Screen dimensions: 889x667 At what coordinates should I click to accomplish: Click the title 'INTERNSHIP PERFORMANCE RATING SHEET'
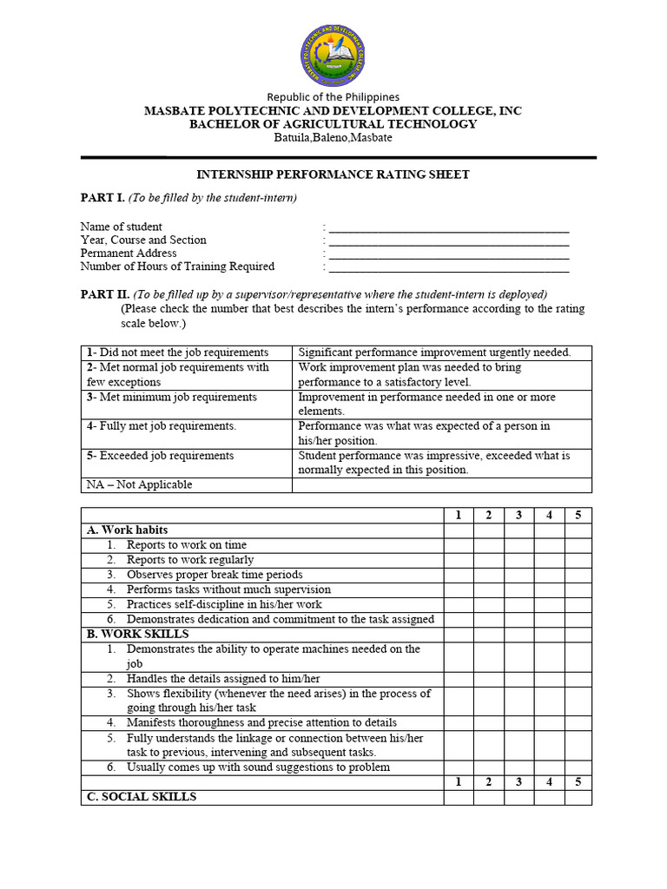[333, 175]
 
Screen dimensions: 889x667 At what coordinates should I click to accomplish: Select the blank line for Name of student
[448, 227]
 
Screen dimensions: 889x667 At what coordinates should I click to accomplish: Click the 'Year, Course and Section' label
[143, 240]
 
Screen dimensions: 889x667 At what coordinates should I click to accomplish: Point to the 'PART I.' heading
[102, 198]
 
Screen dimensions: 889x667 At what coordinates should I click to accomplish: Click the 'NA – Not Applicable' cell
[139, 485]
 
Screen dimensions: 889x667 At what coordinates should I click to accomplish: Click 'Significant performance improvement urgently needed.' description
[434, 352]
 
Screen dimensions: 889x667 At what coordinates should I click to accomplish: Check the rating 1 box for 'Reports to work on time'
[459, 545]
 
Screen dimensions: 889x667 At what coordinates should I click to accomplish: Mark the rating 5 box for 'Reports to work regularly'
[577, 560]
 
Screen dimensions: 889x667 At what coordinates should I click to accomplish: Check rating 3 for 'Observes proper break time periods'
[518, 575]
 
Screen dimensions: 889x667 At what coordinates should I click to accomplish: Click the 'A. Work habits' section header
[127, 530]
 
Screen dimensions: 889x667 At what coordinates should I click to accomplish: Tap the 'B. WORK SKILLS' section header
[137, 634]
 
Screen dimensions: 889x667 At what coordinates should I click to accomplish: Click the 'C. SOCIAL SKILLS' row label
[142, 797]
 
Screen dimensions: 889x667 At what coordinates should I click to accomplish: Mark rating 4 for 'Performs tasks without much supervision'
[548, 589]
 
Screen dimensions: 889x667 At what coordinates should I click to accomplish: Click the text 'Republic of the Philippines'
[333, 97]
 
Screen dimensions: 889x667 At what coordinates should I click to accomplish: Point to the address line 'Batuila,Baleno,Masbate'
[333, 137]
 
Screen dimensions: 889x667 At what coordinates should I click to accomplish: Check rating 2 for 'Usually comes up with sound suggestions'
[488, 767]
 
